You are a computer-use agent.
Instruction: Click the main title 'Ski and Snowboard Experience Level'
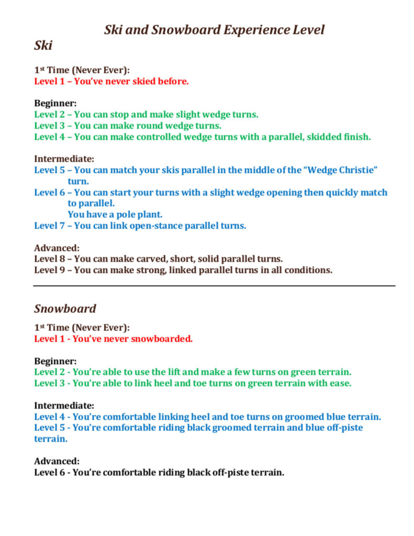point(214,29)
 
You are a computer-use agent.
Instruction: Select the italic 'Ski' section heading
point(43,46)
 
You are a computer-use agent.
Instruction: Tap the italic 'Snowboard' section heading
point(65,308)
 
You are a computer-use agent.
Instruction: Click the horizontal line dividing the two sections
point(214,286)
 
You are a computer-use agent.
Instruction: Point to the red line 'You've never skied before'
point(111,81)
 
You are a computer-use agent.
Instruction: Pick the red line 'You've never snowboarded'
point(113,339)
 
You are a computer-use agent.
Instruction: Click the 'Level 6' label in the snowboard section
point(51,473)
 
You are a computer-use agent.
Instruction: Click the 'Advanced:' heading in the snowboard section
point(57,461)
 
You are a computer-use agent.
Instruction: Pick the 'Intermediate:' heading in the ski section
point(64,159)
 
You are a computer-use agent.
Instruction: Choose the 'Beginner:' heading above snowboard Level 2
point(55,361)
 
